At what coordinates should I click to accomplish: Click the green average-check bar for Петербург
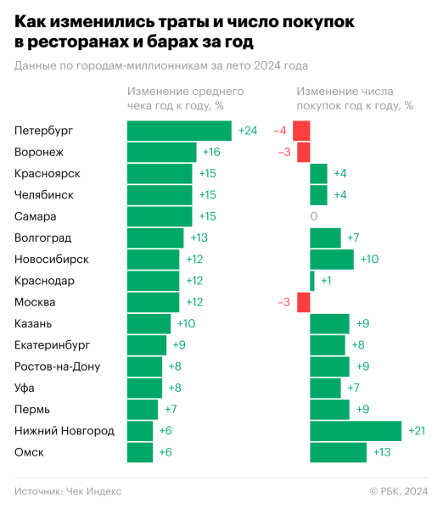pyautogui.click(x=179, y=131)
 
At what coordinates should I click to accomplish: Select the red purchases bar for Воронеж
pyautogui.click(x=303, y=152)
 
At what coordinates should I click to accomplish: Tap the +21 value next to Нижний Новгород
pyautogui.click(x=416, y=431)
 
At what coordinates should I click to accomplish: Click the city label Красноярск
pyautogui.click(x=48, y=173)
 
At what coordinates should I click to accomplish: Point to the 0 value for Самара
pyautogui.click(x=314, y=216)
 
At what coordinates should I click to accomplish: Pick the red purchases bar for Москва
pyautogui.click(x=303, y=302)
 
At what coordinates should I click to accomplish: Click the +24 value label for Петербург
pyautogui.click(x=248, y=131)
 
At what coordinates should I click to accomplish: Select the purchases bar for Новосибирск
pyautogui.click(x=332, y=259)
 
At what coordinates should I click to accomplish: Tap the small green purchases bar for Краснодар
pyautogui.click(x=312, y=281)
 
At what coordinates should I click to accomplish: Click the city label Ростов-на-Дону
pyautogui.click(x=58, y=366)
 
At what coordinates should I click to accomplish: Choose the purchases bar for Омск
pyautogui.click(x=338, y=452)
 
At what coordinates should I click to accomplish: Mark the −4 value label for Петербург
pyautogui.click(x=280, y=131)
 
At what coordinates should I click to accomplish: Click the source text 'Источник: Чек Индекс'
pyautogui.click(x=68, y=490)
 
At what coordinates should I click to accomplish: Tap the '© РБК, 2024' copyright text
pyautogui.click(x=399, y=490)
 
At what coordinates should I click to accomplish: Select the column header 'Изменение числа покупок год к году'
pyautogui.click(x=355, y=98)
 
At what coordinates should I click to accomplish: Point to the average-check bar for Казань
pyautogui.click(x=149, y=323)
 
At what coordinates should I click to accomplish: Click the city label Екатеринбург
pyautogui.click(x=53, y=344)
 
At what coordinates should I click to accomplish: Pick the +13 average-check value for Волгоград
pyautogui.click(x=199, y=238)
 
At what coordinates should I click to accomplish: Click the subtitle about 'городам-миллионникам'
pyautogui.click(x=161, y=65)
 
